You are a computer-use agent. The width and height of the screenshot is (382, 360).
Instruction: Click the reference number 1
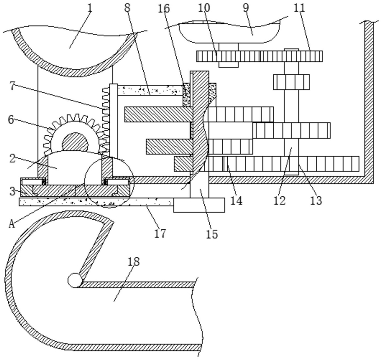[x=90, y=8]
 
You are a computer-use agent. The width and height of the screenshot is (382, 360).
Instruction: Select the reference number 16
[x=164, y=9]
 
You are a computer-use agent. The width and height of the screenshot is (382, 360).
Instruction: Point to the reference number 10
[x=204, y=8]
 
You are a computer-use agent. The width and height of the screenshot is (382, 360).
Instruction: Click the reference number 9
[x=246, y=8]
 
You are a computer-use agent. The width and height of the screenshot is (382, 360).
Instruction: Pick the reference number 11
[x=299, y=8]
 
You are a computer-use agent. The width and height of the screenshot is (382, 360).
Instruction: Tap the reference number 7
[x=13, y=86]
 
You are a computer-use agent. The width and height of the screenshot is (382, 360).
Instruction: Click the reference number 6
[x=11, y=120]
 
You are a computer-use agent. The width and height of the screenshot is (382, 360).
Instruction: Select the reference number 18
[x=134, y=262]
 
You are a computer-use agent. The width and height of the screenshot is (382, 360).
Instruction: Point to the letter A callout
[x=11, y=224]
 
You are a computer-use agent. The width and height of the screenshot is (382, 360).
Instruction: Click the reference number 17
[x=160, y=233]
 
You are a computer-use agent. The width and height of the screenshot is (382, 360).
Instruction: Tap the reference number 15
[x=212, y=234]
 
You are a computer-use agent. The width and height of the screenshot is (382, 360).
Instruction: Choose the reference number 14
[x=236, y=200]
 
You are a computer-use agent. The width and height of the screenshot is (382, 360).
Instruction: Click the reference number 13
[x=316, y=200]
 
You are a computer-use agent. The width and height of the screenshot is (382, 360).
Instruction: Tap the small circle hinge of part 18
[x=75, y=280]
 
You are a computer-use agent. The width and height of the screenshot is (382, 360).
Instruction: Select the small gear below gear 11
[x=292, y=82]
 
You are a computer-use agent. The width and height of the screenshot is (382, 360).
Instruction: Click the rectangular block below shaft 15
[x=199, y=205]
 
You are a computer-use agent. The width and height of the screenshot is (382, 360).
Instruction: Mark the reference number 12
[x=279, y=200]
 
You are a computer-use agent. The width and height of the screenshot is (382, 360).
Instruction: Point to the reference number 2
[x=13, y=159]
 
